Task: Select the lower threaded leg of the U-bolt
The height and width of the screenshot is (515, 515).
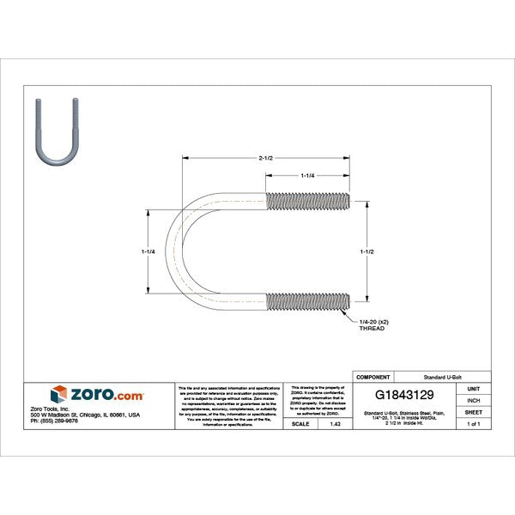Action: (309, 300)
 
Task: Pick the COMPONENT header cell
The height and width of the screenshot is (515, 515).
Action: (373, 377)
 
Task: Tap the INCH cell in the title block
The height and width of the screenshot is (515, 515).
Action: (473, 400)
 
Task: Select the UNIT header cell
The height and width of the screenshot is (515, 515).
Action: (473, 388)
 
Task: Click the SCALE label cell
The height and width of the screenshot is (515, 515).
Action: (300, 424)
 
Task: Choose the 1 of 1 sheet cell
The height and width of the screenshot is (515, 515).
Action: (473, 424)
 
